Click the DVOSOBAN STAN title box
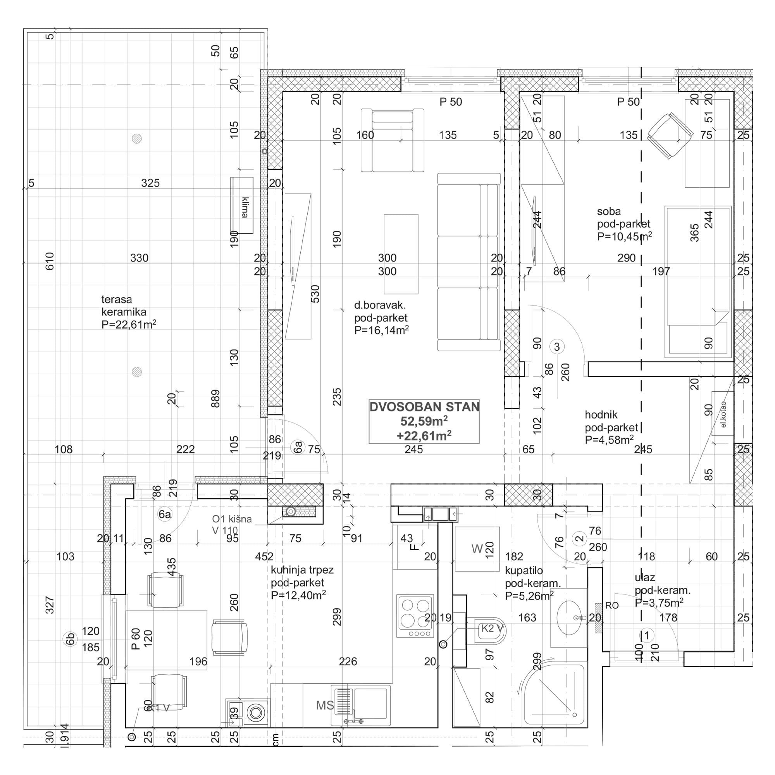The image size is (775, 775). tap(424, 421)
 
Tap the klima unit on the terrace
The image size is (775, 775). tap(242, 205)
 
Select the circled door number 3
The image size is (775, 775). tap(556, 346)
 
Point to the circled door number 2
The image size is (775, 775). tap(580, 538)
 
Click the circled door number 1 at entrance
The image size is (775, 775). tap(646, 635)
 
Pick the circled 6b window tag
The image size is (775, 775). tap(70, 639)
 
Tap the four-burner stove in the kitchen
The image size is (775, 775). tap(415, 616)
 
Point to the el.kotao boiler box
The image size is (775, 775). tap(723, 413)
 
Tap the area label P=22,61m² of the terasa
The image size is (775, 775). tap(129, 324)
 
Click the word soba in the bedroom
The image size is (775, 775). tap(608, 212)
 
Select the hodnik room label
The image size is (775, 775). tap(601, 414)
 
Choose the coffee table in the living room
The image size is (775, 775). tap(401, 254)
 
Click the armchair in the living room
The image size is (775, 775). tap(392, 140)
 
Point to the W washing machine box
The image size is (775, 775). tap(477, 549)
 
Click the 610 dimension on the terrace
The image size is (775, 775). tap(49, 261)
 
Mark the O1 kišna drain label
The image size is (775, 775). tap(231, 519)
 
